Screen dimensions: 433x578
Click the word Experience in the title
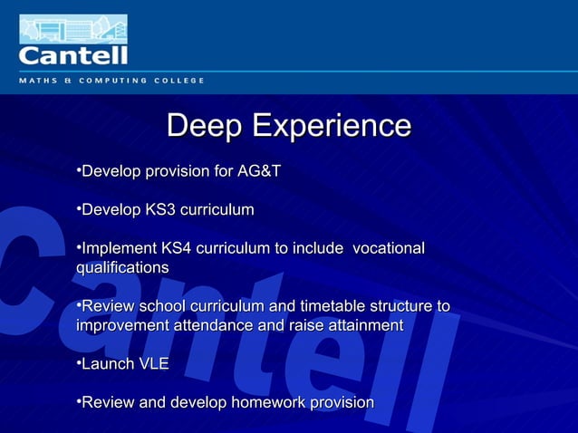click(331, 127)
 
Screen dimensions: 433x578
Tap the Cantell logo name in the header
click(73, 56)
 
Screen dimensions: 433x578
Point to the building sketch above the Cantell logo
click(73, 28)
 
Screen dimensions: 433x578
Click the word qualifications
click(122, 268)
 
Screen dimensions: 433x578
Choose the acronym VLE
click(152, 364)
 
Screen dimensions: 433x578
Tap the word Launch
click(107, 364)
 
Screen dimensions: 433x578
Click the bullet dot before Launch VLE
click(79, 363)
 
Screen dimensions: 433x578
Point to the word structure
click(396, 306)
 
